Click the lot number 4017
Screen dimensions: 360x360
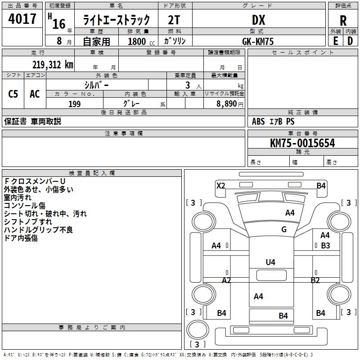(22, 19)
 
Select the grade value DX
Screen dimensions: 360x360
(258, 20)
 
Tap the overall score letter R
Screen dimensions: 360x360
(343, 21)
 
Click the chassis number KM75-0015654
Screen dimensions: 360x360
(302, 143)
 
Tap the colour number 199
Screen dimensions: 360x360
(74, 104)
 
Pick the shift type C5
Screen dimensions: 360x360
(13, 94)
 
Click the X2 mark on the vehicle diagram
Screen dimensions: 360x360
(220, 185)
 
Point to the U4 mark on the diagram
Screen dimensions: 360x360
(270, 262)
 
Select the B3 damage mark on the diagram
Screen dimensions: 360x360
(325, 246)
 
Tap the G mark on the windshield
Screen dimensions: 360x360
(283, 229)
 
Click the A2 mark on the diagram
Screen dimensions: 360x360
(226, 280)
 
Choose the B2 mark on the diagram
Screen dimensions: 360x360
(315, 280)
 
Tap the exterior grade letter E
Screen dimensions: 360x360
(335, 41)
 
